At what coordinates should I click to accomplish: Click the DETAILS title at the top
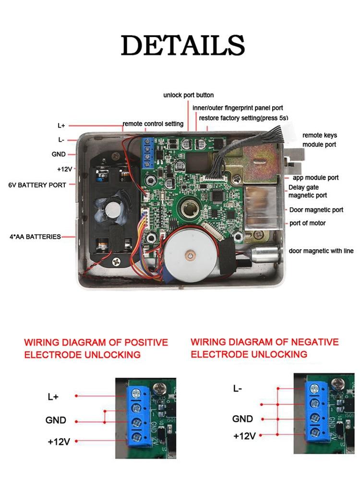pyautogui.click(x=182, y=46)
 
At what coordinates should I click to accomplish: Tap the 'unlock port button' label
pyautogui.click(x=188, y=95)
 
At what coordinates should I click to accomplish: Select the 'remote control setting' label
pyautogui.click(x=153, y=124)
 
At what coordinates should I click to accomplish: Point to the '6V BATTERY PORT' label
pyautogui.click(x=37, y=184)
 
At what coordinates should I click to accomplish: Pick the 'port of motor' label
pyautogui.click(x=307, y=223)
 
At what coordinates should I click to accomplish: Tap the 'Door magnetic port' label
pyautogui.click(x=316, y=210)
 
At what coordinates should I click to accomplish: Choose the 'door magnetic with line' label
pyautogui.click(x=321, y=251)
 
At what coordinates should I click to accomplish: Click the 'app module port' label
pyautogui.click(x=315, y=178)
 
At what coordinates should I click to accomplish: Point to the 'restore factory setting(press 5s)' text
pyautogui.click(x=243, y=118)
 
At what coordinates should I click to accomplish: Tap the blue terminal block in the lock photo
pyautogui.click(x=148, y=151)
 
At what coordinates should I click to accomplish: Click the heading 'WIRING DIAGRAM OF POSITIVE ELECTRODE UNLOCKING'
pyautogui.click(x=96, y=349)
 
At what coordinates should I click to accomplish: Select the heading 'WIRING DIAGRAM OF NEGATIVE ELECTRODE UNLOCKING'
pyautogui.click(x=264, y=348)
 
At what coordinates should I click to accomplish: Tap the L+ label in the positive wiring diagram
pyautogui.click(x=53, y=397)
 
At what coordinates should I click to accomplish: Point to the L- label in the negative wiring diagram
pyautogui.click(x=238, y=389)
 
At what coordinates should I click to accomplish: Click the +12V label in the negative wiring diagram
pyautogui.click(x=244, y=436)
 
